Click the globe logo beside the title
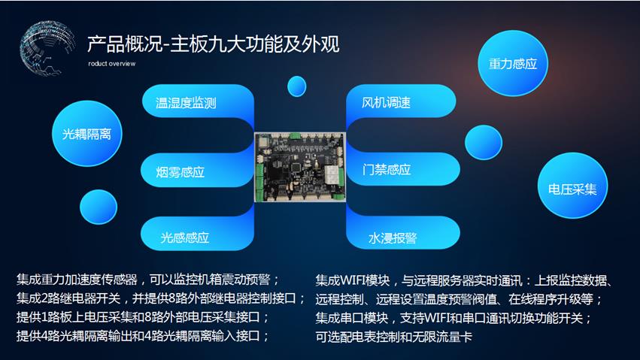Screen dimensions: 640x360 (47, 48)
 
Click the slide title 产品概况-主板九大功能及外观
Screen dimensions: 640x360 (213, 44)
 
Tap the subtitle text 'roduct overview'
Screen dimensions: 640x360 (111, 64)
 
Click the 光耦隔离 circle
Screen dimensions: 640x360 (87, 134)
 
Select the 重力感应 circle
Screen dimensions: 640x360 (513, 64)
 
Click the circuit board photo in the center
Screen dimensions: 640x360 (300, 167)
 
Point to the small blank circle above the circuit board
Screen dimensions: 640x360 (297, 86)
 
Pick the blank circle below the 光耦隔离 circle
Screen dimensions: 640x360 (99, 207)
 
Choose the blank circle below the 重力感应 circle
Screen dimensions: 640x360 (484, 142)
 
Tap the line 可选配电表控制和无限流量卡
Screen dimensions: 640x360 (393, 337)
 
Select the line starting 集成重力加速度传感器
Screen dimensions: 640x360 (147, 280)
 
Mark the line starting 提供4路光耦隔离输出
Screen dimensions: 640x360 (142, 336)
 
